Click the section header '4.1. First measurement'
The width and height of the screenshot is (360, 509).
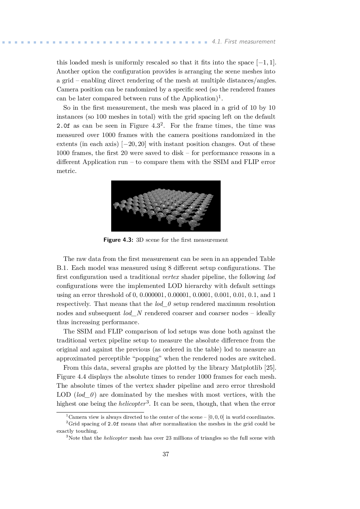coord(243,41)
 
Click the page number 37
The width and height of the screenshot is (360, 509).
coord(165,454)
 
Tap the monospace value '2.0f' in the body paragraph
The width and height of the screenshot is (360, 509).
coord(63,126)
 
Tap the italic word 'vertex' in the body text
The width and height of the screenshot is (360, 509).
coord(171,277)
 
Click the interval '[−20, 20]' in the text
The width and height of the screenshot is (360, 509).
coord(134,144)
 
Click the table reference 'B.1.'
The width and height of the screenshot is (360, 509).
coord(62,268)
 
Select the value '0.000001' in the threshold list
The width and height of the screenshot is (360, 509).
coord(152,295)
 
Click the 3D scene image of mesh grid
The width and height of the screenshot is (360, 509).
coord(166,206)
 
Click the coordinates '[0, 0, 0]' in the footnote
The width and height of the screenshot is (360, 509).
coord(216,417)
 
